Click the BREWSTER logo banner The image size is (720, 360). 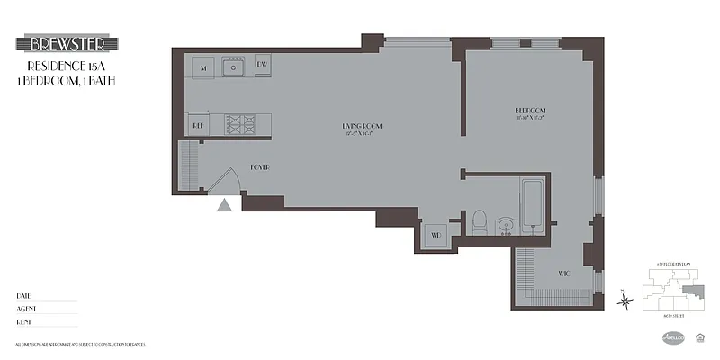tap(67, 44)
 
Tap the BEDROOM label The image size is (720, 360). tap(530, 111)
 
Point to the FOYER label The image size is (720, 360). tap(260, 167)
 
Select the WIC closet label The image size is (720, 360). tap(563, 272)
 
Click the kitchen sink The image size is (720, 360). tap(236, 67)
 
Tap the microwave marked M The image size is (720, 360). tap(203, 67)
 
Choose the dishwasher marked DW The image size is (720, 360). tap(263, 65)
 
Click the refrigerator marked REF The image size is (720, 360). tap(198, 126)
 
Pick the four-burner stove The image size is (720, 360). tap(239, 123)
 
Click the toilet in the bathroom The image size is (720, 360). tap(479, 221)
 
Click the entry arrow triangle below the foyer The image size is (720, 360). tap(225, 205)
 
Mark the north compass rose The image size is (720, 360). tap(625, 301)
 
